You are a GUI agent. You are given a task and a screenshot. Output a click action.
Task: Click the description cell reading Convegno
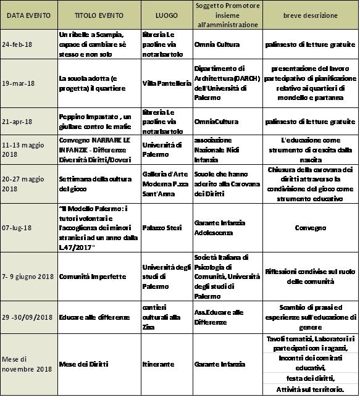(x=311, y=228)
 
